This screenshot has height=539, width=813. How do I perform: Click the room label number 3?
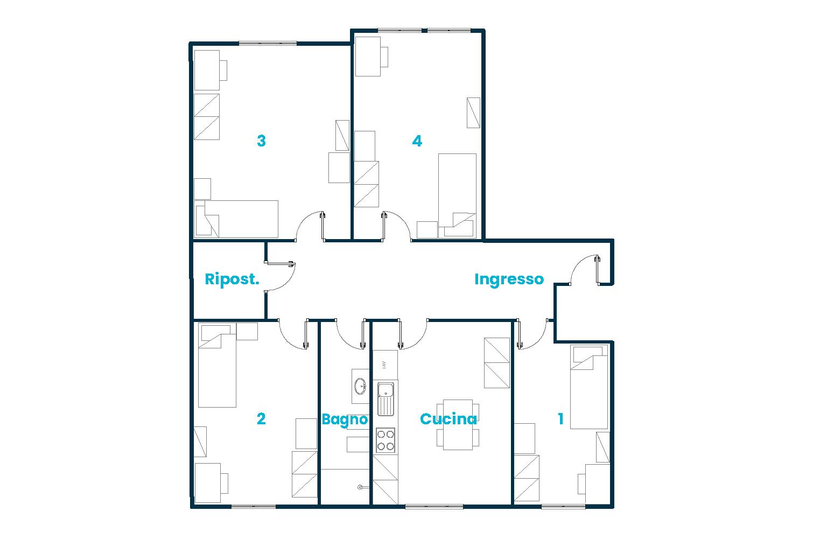point(261,141)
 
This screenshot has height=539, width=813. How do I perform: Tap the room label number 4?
point(417,141)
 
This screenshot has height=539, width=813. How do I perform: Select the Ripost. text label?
point(232,279)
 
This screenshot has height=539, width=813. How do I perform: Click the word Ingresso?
point(509,279)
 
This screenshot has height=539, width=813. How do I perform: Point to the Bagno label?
point(345,419)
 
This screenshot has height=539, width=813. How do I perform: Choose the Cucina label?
point(448,419)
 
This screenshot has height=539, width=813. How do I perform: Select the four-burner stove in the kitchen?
point(385,439)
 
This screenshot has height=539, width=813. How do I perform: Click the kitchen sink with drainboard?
point(385,398)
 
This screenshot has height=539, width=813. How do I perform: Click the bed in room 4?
point(457,195)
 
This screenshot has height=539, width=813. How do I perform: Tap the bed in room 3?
point(237,219)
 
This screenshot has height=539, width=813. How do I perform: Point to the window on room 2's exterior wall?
point(253,506)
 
